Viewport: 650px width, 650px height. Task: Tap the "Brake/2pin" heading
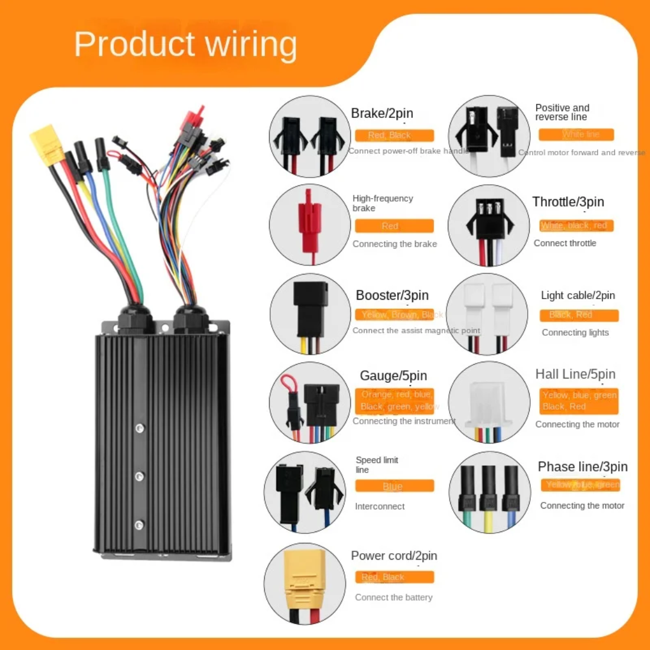coord(382,114)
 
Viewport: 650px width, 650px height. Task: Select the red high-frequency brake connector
coord(310,217)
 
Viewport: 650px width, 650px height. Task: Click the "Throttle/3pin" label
coord(568,202)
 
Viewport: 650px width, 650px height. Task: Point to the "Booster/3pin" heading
coord(392,296)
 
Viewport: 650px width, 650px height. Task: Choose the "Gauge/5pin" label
coord(394,376)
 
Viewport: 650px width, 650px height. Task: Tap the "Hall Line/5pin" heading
coord(575,374)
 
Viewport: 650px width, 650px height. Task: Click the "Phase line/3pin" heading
coord(583,467)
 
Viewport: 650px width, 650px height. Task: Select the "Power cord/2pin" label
coord(394,556)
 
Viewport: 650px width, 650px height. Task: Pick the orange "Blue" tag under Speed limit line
coord(394,486)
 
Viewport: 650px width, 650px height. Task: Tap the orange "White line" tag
coord(577,135)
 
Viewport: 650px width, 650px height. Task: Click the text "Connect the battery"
coord(394,598)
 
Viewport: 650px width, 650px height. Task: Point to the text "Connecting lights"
coord(575,333)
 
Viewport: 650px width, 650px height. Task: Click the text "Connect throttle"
coord(565,243)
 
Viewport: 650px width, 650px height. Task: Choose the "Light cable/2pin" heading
coord(578,296)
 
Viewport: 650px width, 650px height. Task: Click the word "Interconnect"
coord(380,506)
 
